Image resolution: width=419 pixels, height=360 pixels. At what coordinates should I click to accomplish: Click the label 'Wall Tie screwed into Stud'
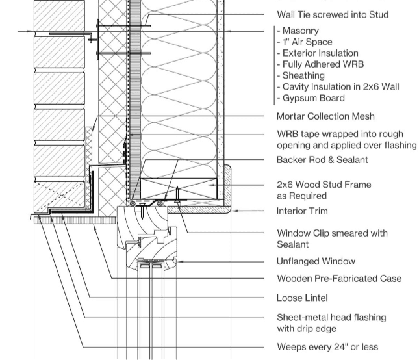tap(333, 14)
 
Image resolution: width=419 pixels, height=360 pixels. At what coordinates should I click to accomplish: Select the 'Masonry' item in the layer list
tap(300, 31)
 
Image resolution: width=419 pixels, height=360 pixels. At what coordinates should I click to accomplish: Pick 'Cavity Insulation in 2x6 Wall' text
tap(340, 87)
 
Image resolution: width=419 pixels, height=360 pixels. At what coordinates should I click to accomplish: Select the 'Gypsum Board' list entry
tap(313, 98)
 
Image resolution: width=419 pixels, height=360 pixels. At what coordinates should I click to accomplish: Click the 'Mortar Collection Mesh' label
tap(325, 116)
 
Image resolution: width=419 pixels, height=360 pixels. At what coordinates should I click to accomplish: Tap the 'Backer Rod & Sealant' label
tap(322, 160)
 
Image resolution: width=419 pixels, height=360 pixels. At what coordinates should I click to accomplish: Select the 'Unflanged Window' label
tap(316, 261)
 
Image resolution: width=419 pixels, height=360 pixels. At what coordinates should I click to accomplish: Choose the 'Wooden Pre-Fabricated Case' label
tap(339, 279)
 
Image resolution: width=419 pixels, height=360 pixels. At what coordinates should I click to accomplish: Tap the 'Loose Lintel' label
tap(302, 298)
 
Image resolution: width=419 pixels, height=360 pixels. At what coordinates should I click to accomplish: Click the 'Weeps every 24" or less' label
tap(327, 347)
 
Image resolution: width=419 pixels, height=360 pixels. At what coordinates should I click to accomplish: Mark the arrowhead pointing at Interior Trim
tap(236, 211)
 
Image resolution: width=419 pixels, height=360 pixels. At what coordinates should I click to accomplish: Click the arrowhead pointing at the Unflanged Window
tap(181, 261)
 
